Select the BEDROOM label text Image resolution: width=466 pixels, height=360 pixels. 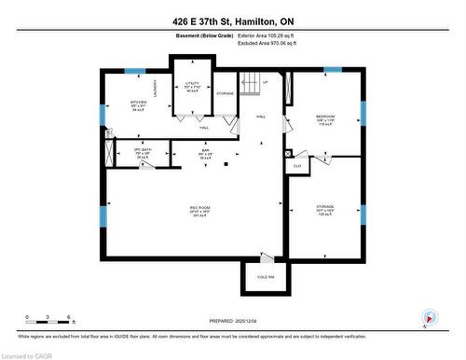tap(325, 118)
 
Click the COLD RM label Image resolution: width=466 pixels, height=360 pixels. tap(265, 277)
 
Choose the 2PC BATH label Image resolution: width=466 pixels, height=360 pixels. tap(142, 149)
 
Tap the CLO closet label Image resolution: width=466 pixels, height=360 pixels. tap(297, 166)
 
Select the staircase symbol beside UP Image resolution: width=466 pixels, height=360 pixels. tap(249, 85)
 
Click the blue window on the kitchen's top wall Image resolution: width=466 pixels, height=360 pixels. tap(135, 71)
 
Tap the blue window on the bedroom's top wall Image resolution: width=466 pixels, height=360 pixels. tap(332, 71)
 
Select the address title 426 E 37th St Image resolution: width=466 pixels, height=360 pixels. tap(233, 21)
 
